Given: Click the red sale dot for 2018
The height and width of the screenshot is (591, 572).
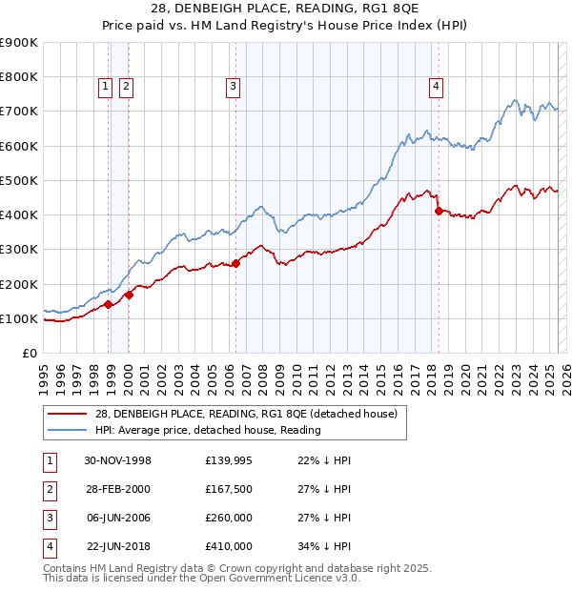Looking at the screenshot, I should (x=439, y=211).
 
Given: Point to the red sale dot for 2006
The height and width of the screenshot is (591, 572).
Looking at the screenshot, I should (x=235, y=263).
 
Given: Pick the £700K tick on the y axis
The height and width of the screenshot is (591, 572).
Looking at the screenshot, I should (x=21, y=112).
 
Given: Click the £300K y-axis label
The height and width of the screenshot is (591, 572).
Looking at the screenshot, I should (x=21, y=250).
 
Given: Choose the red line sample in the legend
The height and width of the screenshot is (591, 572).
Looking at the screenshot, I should (x=68, y=413).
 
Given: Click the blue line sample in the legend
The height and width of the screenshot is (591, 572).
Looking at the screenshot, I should (x=68, y=430).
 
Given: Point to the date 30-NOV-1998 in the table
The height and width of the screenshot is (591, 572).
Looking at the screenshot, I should (x=118, y=460).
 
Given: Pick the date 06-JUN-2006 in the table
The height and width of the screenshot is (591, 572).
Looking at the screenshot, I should (x=118, y=518).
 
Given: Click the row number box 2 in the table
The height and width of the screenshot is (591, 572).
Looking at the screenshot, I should (x=48, y=489).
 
